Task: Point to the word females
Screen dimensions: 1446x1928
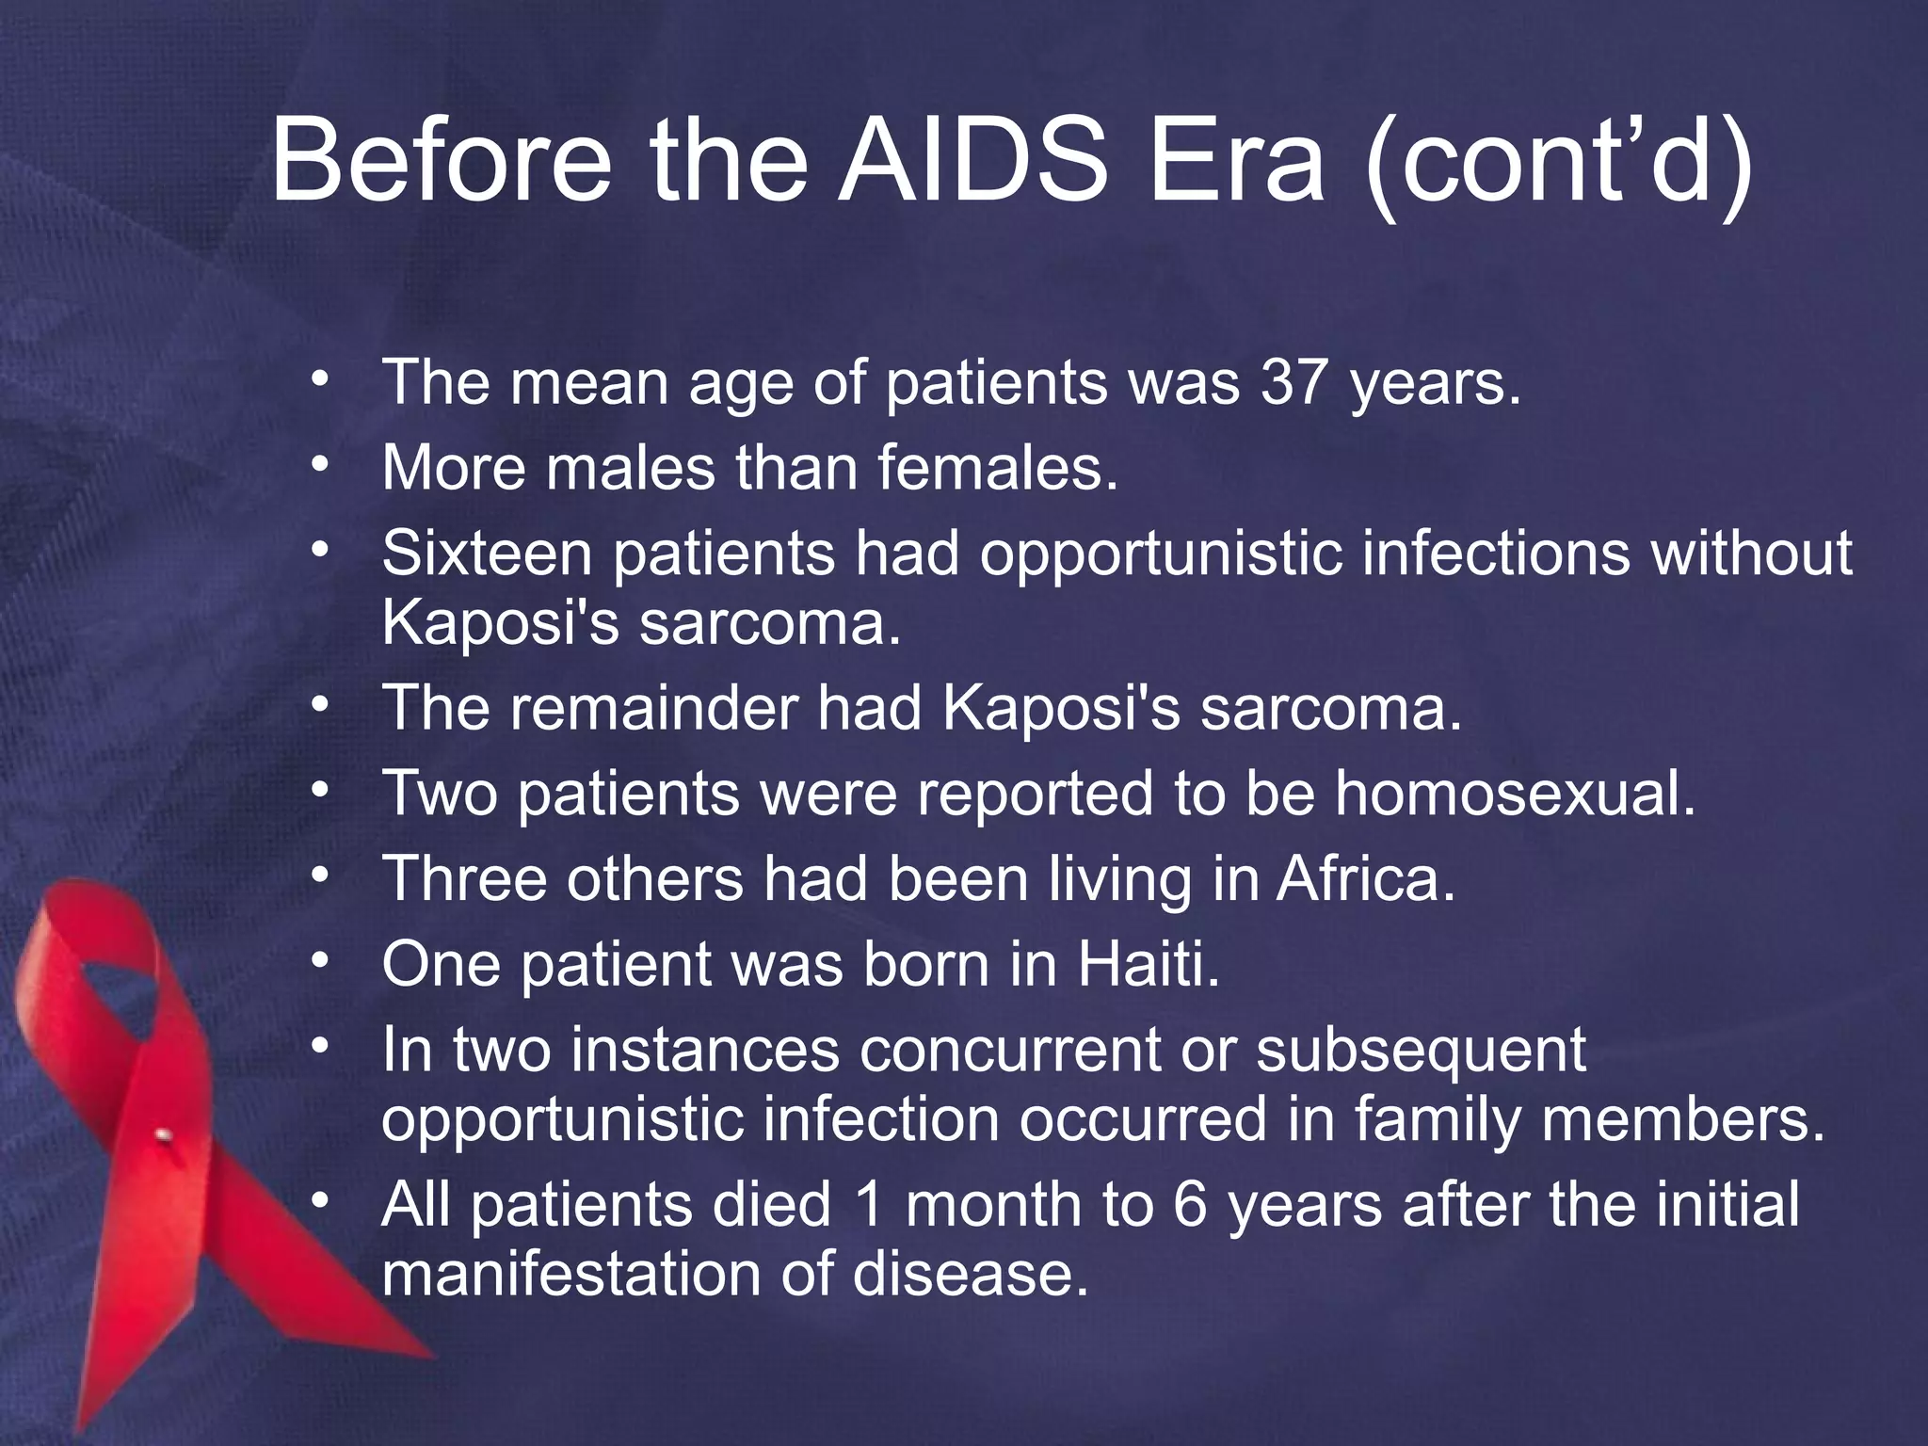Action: [998, 468]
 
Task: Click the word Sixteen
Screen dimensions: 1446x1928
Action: [487, 553]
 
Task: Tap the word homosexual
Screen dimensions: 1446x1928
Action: [1515, 794]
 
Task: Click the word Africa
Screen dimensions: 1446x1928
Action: [1365, 879]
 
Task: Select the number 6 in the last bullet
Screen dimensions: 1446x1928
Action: [1190, 1206]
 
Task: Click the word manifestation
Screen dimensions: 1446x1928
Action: [561, 1276]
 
